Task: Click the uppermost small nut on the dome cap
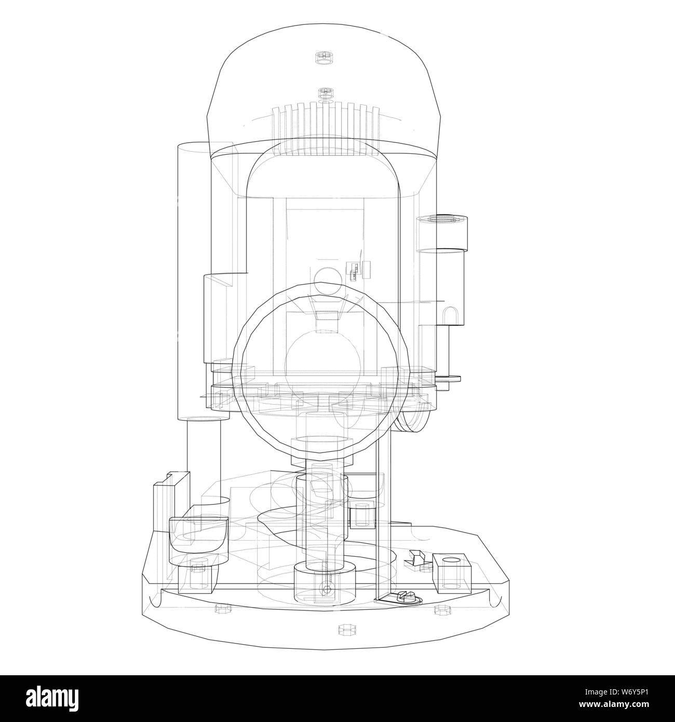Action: tap(324, 57)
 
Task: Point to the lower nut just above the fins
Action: tap(326, 94)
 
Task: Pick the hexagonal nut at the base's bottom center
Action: tap(344, 630)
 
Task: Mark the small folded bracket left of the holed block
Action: tap(415, 558)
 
